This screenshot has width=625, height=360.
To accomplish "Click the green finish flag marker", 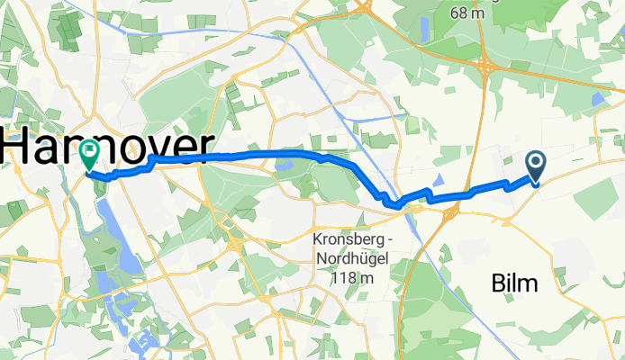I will click(90, 153).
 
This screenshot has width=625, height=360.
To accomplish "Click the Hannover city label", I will click(108, 147).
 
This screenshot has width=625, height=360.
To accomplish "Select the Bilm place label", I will click(514, 284).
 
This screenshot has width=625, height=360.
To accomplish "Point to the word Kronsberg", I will click(348, 240).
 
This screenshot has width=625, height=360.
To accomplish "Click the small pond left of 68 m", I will click(423, 29).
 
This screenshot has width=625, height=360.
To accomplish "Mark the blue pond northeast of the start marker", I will click(599, 98).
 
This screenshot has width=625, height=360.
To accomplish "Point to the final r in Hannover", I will click(204, 147).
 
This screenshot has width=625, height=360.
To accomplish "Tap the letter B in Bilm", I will click(497, 284).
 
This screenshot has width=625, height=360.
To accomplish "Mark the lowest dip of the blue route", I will click(397, 206).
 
